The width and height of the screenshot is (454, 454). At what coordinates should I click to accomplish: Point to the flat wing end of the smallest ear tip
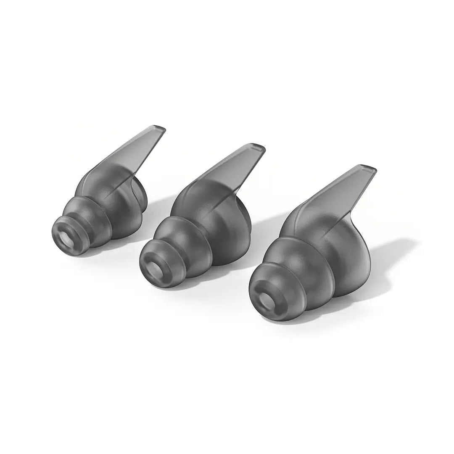coord(159,129)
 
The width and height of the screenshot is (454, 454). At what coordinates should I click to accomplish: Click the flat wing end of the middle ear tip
coord(257,148)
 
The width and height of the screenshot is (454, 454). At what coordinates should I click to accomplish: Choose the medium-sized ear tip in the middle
coord(198,227)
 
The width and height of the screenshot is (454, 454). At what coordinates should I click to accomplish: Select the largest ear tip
coord(311,252)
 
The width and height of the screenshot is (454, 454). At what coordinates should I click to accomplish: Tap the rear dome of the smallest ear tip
coord(139,198)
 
